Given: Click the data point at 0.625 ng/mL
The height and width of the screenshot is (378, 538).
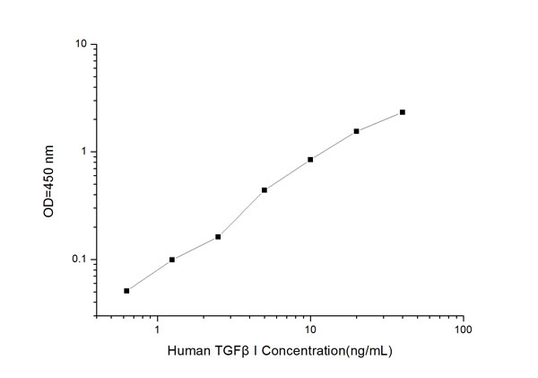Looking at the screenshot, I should click(x=126, y=291).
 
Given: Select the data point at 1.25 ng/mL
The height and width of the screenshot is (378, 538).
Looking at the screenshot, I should click(x=172, y=259).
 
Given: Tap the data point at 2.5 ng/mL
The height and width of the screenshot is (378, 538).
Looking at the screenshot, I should click(x=218, y=237).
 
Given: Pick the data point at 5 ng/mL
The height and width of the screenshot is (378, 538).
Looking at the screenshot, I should click(x=265, y=190).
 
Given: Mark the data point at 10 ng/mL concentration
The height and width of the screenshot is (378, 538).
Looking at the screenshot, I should click(x=310, y=160).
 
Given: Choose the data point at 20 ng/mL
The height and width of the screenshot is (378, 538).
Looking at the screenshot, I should click(x=356, y=131).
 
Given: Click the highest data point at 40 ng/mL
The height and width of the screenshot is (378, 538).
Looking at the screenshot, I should click(x=403, y=112).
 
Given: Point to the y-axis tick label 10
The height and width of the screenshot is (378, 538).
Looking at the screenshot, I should click(x=80, y=44).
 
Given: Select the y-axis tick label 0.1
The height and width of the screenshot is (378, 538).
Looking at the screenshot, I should click(x=78, y=260).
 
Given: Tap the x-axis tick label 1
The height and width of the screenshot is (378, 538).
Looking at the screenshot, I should click(x=158, y=330).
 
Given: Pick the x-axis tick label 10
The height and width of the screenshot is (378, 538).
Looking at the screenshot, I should click(x=310, y=330).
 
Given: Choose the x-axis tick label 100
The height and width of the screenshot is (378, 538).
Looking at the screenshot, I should click(x=463, y=330).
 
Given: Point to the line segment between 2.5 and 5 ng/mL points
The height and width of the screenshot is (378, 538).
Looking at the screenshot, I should click(x=241, y=214).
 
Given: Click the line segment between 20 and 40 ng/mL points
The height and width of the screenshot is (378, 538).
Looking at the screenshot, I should click(x=379, y=121).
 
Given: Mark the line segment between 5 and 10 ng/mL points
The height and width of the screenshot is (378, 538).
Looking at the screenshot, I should click(x=287, y=175).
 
